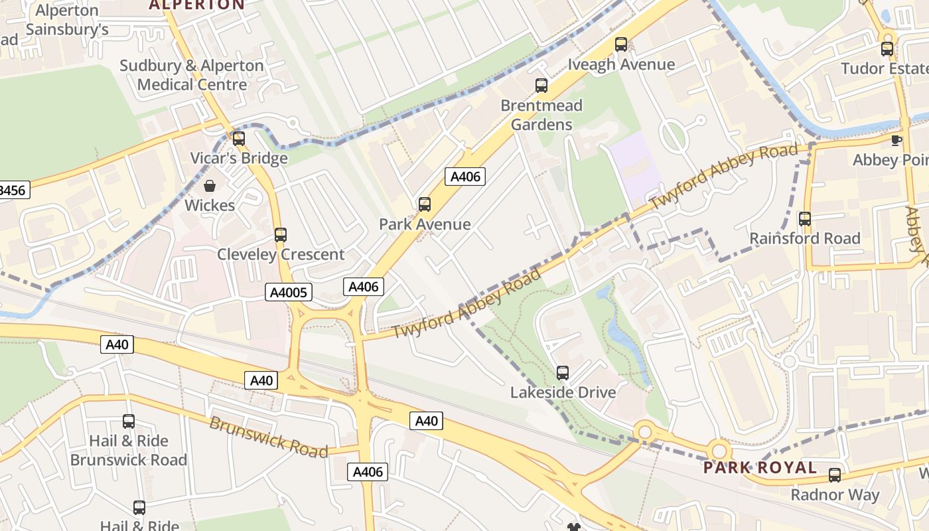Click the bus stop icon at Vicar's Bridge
(x=239, y=139)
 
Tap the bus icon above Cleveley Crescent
(x=281, y=234)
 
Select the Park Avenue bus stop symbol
(x=425, y=204)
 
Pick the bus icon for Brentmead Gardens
(x=541, y=86)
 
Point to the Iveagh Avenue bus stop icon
(x=621, y=44)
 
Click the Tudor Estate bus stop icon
(x=887, y=48)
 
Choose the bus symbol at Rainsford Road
(x=805, y=218)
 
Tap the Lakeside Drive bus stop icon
(x=563, y=372)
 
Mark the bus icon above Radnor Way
(x=835, y=475)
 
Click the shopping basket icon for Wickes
(x=210, y=186)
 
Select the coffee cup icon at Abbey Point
(x=896, y=140)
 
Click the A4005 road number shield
(x=289, y=292)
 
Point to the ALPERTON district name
(x=196, y=5)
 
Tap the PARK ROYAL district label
(x=760, y=467)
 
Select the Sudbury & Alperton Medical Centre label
(x=192, y=75)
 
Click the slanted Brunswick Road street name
(x=269, y=437)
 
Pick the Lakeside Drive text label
(x=563, y=392)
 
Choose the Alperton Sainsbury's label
(x=66, y=20)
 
